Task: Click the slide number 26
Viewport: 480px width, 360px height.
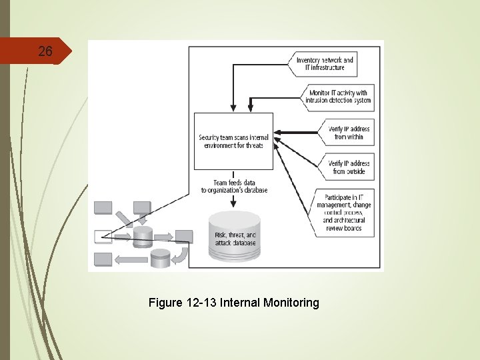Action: (45, 51)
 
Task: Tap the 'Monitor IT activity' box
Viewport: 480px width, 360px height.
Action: (339, 97)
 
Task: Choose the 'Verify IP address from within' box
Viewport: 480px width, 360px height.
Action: (349, 133)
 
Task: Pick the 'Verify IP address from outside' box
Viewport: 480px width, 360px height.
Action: (349, 167)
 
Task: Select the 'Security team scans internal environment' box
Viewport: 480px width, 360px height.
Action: (233, 141)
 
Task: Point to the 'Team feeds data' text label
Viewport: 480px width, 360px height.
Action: (233, 186)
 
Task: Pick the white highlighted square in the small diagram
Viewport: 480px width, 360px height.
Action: (103, 235)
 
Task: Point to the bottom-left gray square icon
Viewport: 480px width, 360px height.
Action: (103, 259)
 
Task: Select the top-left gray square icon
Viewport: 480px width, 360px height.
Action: (103, 207)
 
